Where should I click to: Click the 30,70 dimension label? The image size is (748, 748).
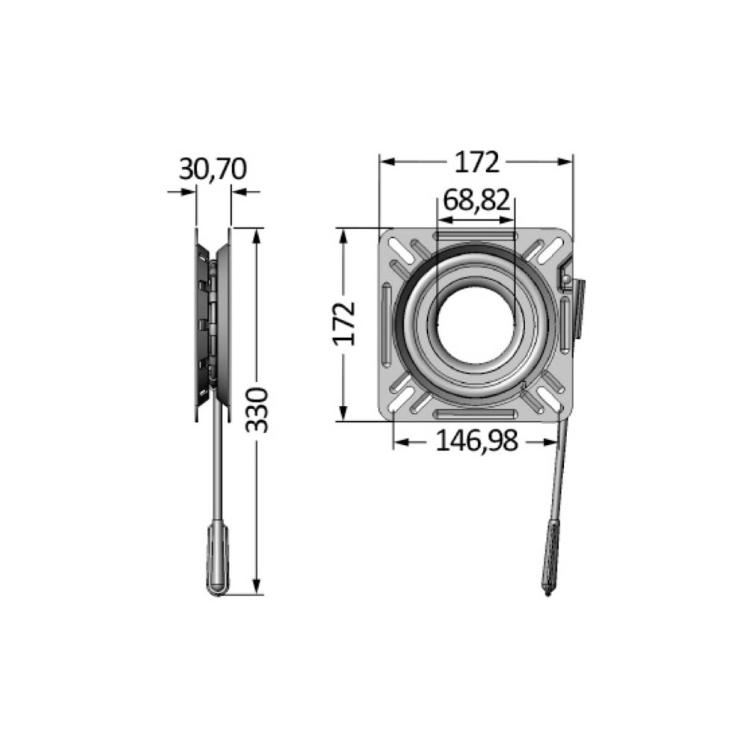pyautogui.click(x=212, y=169)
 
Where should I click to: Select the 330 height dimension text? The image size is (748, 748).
pyautogui.click(x=257, y=410)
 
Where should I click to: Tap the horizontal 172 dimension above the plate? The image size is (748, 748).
pyautogui.click(x=476, y=162)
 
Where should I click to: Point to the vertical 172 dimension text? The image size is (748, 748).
pyautogui.click(x=344, y=323)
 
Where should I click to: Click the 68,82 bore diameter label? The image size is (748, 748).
pyautogui.click(x=476, y=200)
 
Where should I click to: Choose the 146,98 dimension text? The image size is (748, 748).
pyautogui.click(x=476, y=441)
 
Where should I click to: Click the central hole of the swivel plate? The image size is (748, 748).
pyautogui.click(x=476, y=325)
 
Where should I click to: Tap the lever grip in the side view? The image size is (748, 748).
pyautogui.click(x=218, y=560)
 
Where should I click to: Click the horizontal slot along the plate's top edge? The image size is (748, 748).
pyautogui.click(x=476, y=235)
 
